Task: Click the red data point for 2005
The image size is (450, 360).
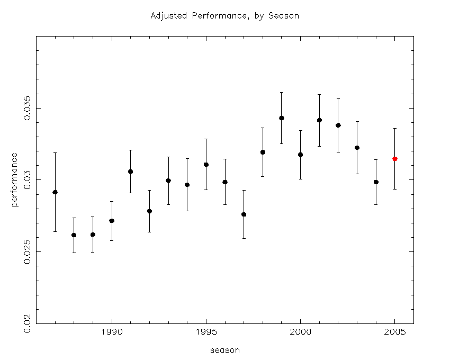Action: coord(394,159)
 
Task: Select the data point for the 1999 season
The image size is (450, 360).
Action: coord(282,118)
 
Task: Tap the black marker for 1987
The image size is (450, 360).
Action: coord(55,192)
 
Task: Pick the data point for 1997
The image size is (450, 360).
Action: coord(244,214)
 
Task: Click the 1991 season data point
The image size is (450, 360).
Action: coord(130,172)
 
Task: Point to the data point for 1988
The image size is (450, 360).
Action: coord(74,235)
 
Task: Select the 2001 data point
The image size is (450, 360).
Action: coord(319,120)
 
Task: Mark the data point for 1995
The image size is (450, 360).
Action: coord(206,165)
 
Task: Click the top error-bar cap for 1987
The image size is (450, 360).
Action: coord(55,152)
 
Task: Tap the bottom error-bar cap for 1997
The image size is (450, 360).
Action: coord(244,238)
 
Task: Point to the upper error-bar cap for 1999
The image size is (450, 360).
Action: coord(282,92)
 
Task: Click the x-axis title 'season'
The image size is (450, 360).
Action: coord(224,350)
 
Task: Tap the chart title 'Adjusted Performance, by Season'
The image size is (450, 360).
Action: coord(224,16)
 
